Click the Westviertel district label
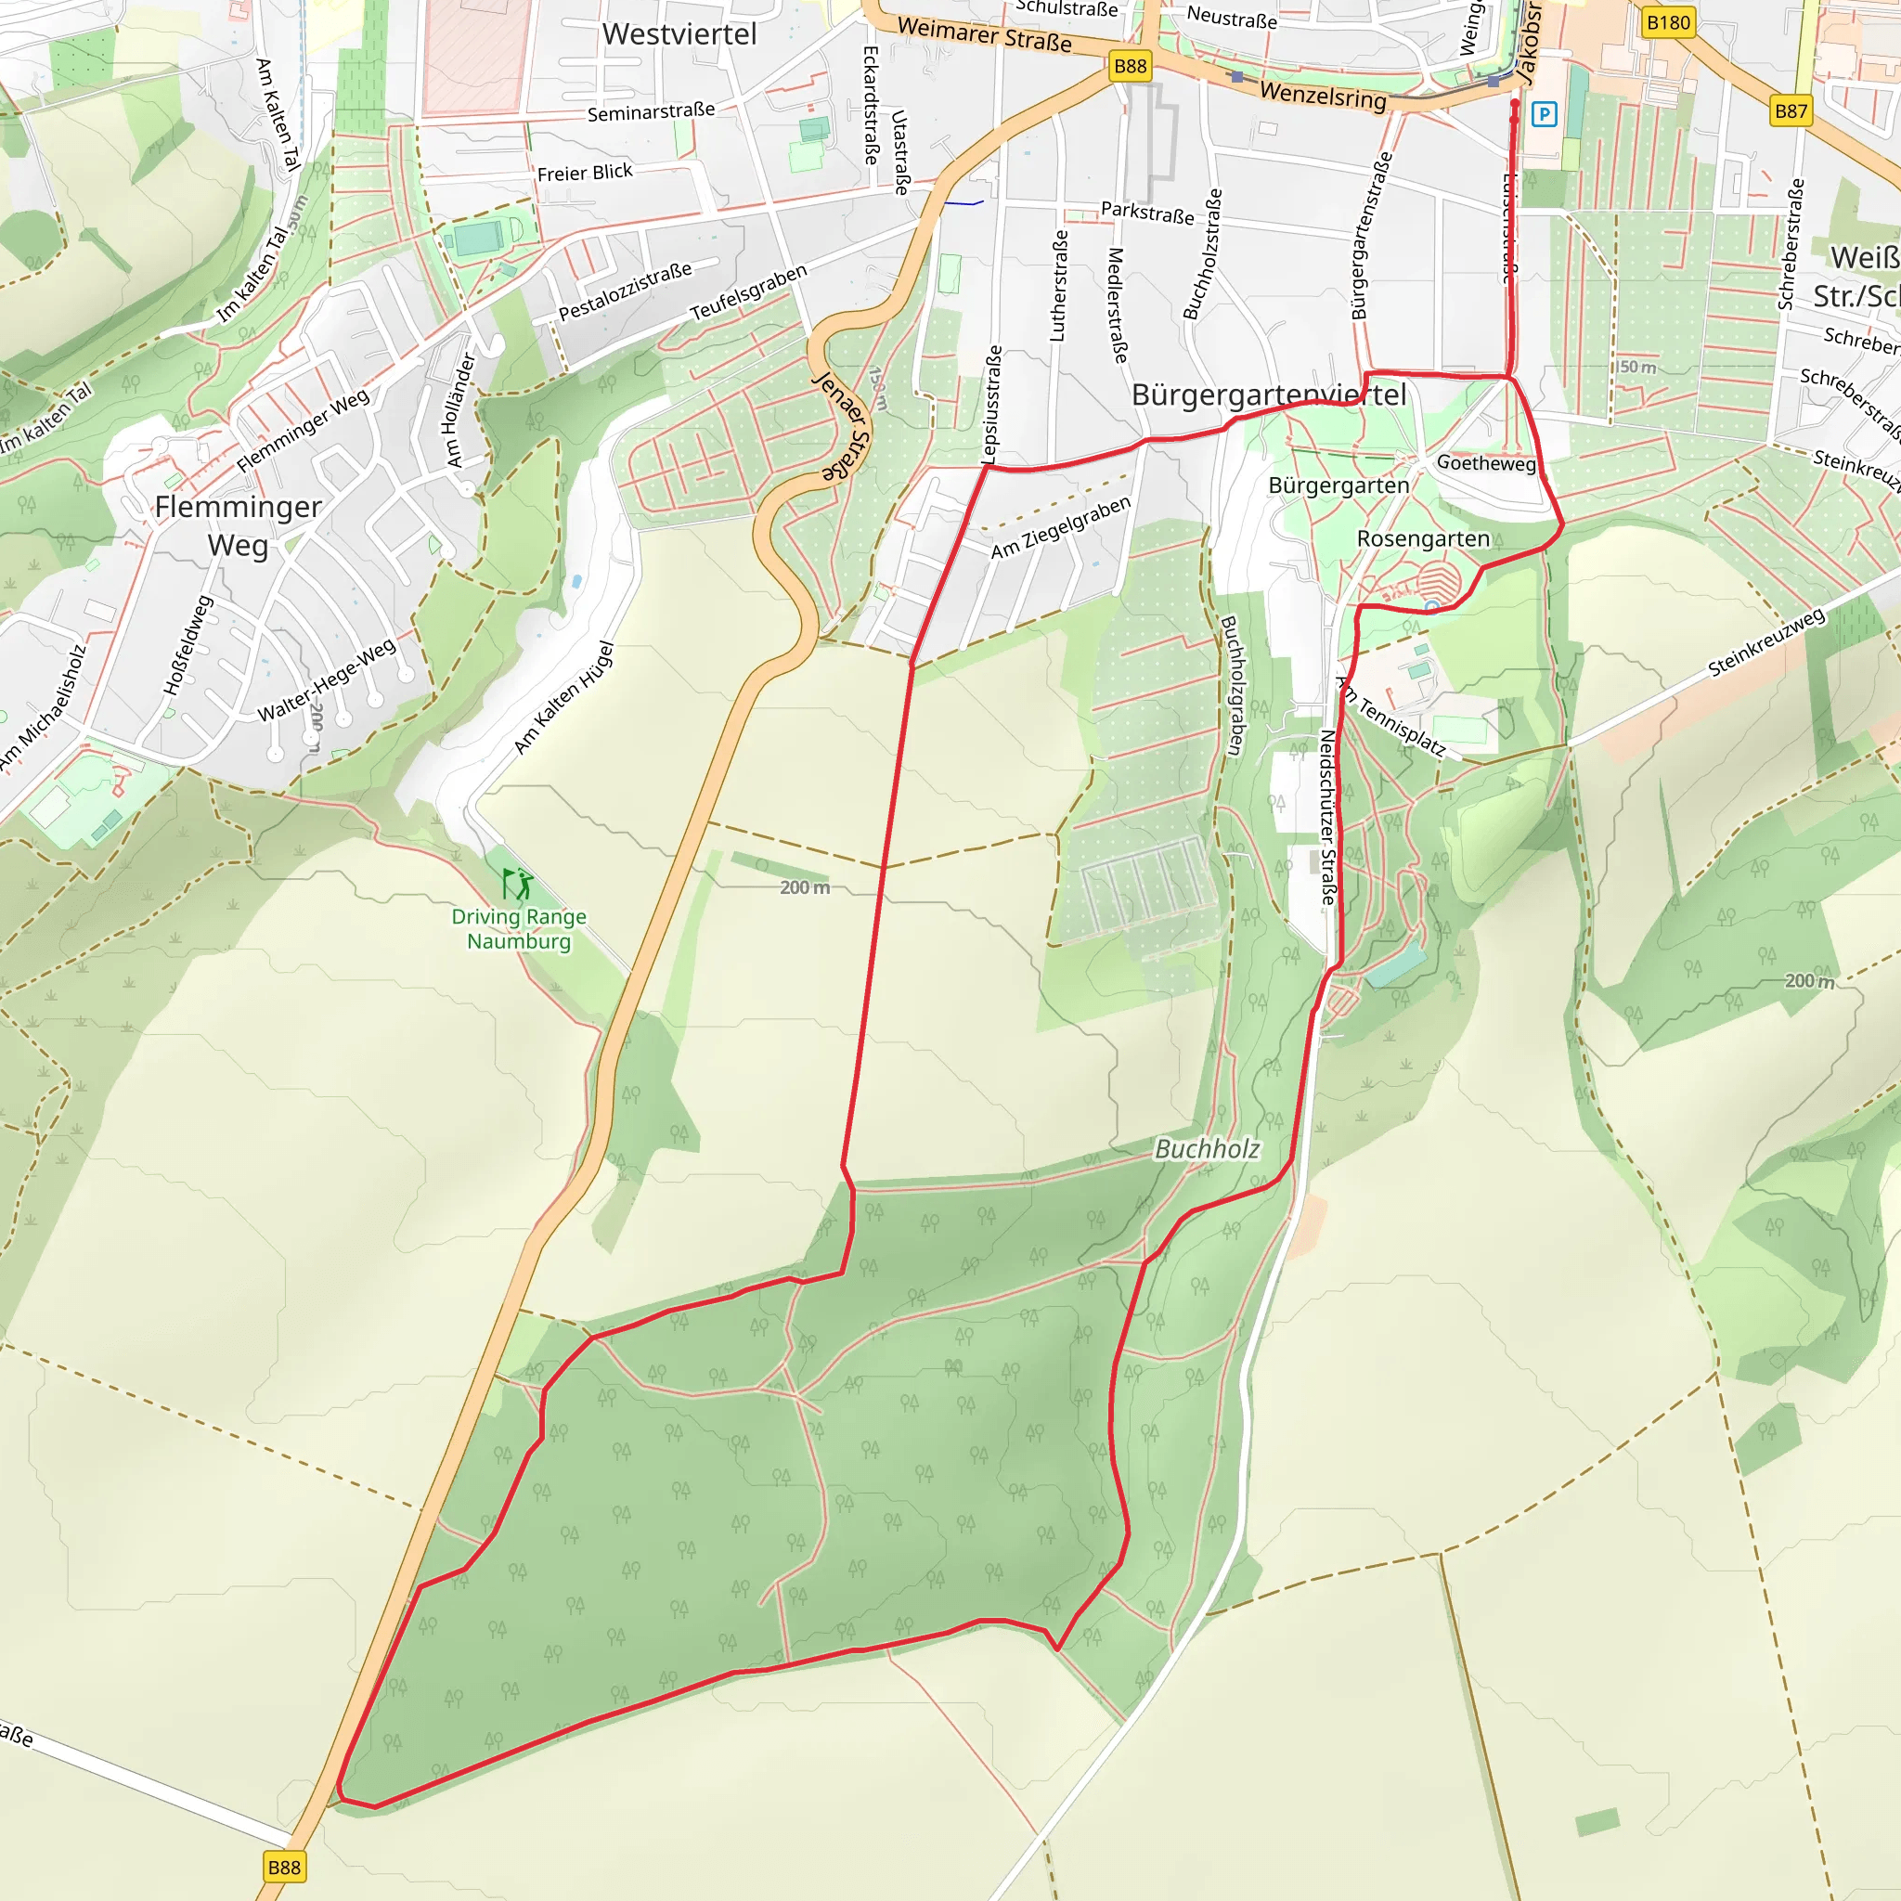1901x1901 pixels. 679,34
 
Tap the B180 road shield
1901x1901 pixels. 1668,22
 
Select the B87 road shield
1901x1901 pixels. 1790,111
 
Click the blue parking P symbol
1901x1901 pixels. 1545,114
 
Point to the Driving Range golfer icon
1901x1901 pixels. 517,883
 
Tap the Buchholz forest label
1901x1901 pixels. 1207,1148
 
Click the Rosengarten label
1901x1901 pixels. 1423,538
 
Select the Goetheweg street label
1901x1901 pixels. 1486,462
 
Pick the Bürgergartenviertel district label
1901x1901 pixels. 1268,394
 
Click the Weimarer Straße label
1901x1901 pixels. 984,34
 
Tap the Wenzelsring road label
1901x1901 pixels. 1323,96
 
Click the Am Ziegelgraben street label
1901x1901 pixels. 1061,527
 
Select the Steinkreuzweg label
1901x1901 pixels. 1766,642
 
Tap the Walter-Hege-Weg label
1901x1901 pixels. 327,679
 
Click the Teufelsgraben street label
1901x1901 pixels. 748,292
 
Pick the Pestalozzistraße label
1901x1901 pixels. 625,291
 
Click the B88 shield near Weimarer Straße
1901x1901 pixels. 1130,66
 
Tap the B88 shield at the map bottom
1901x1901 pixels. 283,1867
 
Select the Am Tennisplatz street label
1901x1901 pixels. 1391,718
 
